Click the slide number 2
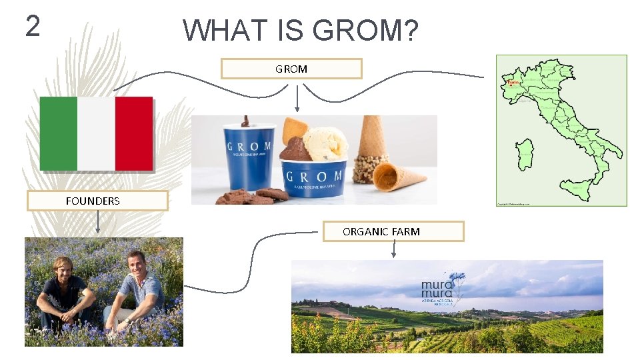(33, 26)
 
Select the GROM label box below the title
(291, 69)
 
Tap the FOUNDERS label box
(97, 201)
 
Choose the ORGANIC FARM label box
(393, 231)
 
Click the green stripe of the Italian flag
(59, 133)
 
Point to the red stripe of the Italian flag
(134, 133)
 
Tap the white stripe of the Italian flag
(96, 133)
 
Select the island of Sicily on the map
(579, 188)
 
